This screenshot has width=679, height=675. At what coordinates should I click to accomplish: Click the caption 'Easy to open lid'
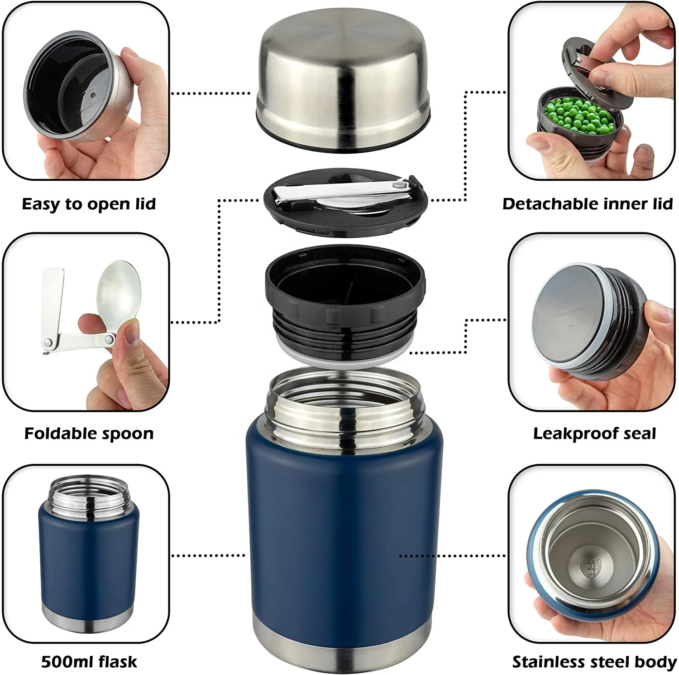pyautogui.click(x=89, y=204)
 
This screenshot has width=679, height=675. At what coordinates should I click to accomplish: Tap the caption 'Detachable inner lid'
pyautogui.click(x=588, y=204)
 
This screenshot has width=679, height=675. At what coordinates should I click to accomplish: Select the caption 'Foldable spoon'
pyautogui.click(x=89, y=434)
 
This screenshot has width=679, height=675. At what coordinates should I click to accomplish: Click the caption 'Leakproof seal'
pyautogui.click(x=594, y=434)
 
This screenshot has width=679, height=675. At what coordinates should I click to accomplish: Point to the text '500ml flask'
pyautogui.click(x=89, y=662)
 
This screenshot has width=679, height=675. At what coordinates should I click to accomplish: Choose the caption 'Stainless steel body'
pyautogui.click(x=594, y=662)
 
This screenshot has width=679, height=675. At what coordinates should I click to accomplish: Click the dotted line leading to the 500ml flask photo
pyautogui.click(x=208, y=555)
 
